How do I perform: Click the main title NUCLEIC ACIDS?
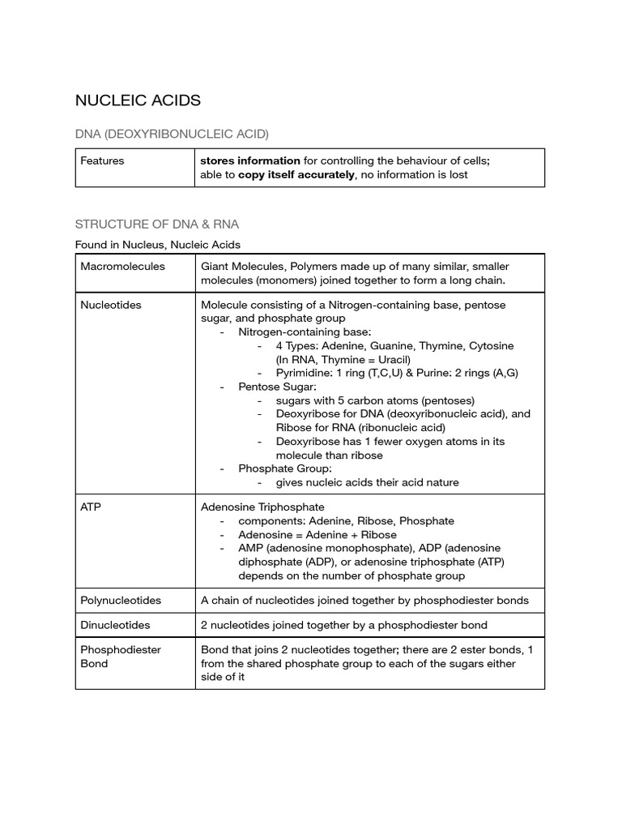pyautogui.click(x=138, y=101)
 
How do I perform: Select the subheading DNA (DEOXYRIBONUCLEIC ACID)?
pyautogui.click(x=172, y=133)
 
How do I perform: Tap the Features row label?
pyautogui.click(x=102, y=160)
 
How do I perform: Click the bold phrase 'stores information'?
pyautogui.click(x=250, y=160)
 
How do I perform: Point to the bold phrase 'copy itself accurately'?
pyautogui.click(x=296, y=174)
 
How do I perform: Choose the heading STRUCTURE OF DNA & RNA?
pyautogui.click(x=157, y=224)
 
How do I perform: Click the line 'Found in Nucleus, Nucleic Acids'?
pyautogui.click(x=157, y=244)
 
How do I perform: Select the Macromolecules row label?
pyautogui.click(x=122, y=266)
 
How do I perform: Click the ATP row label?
pyautogui.click(x=91, y=507)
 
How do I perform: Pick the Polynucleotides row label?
pyautogui.click(x=121, y=601)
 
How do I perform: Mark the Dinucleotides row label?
pyautogui.click(x=115, y=625)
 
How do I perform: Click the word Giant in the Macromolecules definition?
pyautogui.click(x=216, y=266)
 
